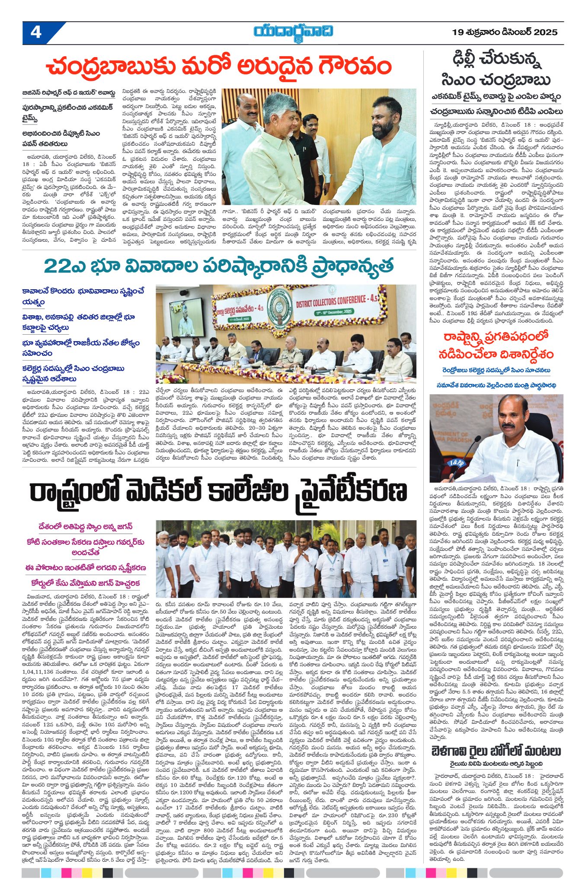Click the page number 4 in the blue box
(36, 33)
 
